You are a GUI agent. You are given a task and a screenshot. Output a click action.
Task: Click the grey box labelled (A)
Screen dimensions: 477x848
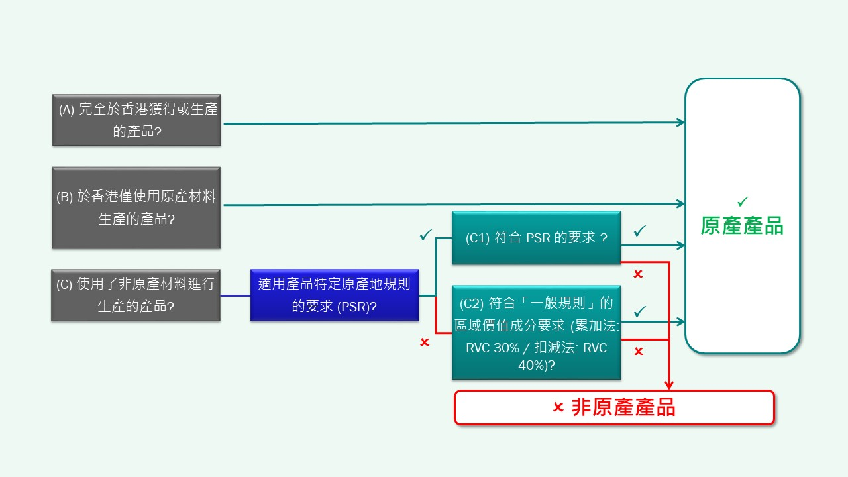tap(136, 120)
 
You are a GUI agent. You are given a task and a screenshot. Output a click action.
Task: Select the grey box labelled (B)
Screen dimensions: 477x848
tap(136, 207)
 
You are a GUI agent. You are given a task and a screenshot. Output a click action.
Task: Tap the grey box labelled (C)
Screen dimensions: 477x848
tap(136, 295)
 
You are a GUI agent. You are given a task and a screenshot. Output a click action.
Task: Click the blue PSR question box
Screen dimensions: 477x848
tap(335, 295)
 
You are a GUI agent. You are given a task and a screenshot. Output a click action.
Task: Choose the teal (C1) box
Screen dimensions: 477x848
tap(536, 238)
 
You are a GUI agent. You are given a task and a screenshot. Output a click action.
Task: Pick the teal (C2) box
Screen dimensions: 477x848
tap(536, 332)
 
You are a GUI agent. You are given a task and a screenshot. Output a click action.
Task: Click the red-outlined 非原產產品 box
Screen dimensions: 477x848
tap(613, 407)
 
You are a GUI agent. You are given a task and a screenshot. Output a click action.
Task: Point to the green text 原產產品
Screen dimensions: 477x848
tap(742, 226)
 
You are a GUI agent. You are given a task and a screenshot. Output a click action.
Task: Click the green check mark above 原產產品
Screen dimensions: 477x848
tap(743, 201)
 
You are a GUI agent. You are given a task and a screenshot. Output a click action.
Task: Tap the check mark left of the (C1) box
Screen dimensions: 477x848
tap(425, 235)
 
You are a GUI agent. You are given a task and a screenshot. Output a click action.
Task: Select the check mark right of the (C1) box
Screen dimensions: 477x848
tap(639, 231)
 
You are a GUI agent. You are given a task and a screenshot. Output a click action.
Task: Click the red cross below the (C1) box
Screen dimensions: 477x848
tap(638, 274)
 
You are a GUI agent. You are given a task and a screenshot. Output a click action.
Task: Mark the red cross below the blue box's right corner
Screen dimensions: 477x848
tap(425, 342)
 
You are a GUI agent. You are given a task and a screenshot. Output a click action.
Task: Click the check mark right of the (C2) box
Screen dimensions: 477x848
tap(639, 311)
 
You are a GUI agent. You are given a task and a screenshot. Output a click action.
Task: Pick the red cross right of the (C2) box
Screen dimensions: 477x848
tap(638, 351)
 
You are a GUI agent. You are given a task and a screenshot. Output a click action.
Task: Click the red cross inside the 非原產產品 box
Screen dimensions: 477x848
tap(558, 407)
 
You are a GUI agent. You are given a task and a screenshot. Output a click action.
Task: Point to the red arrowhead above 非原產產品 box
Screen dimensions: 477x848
tap(669, 385)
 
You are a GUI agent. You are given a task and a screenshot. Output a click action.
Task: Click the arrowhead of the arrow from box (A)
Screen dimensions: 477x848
tap(681, 123)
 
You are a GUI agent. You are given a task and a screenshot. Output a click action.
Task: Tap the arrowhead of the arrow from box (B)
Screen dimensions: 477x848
tap(681, 204)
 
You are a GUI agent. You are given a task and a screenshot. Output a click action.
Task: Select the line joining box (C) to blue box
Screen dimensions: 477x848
tap(235, 295)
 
